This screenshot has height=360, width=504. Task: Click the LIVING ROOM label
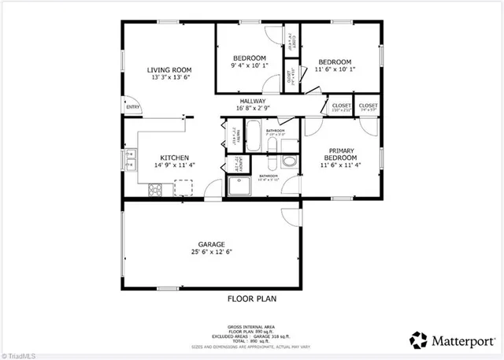tap(169, 70)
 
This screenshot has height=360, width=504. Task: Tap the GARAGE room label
tap(212, 244)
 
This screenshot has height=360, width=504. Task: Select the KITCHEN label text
tap(174, 158)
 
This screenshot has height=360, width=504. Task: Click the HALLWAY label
tap(253, 102)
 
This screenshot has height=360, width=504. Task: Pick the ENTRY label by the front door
tap(132, 107)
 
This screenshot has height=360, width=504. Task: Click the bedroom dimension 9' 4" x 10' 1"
tap(249, 67)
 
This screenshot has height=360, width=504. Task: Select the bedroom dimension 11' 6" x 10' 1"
tap(335, 69)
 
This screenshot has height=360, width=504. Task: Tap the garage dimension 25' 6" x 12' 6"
tap(212, 253)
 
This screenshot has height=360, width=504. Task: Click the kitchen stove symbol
tap(155, 189)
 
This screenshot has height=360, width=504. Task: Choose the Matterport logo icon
tap(418, 341)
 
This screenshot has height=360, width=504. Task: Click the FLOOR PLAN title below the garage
tap(252, 299)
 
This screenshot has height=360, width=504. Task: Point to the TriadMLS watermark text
tap(18, 354)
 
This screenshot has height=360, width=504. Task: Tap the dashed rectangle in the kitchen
tap(183, 186)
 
